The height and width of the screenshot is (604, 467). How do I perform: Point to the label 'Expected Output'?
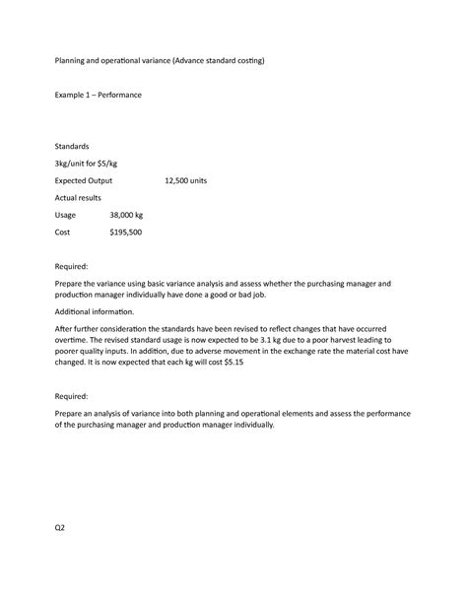tap(83, 181)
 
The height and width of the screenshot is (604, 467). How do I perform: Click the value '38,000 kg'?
tap(126, 215)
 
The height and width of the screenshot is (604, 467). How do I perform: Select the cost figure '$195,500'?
tap(125, 233)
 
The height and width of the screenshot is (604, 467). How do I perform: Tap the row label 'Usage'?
tap(67, 215)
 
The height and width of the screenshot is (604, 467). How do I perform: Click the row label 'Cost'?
tap(63, 233)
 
